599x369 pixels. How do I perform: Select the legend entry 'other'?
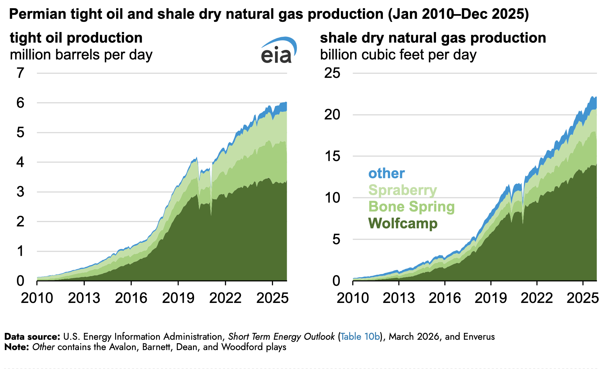[386, 173]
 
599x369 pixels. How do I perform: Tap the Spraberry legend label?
[403, 190]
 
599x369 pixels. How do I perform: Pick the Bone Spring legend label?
[412, 207]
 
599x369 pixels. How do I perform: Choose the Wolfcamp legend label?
[403, 223]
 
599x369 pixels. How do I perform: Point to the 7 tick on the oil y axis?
[21, 73]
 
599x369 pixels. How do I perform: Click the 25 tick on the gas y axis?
[332, 73]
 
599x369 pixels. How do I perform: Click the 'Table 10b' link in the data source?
[360, 337]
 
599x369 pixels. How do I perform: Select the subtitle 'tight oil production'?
[76, 38]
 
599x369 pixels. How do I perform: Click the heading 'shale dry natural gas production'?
[433, 38]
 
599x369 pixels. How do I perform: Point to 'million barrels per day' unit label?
[81, 55]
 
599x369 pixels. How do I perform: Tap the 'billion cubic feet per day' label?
[398, 55]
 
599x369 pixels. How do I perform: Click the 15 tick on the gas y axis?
[332, 156]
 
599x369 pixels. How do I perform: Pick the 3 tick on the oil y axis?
[21, 192]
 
